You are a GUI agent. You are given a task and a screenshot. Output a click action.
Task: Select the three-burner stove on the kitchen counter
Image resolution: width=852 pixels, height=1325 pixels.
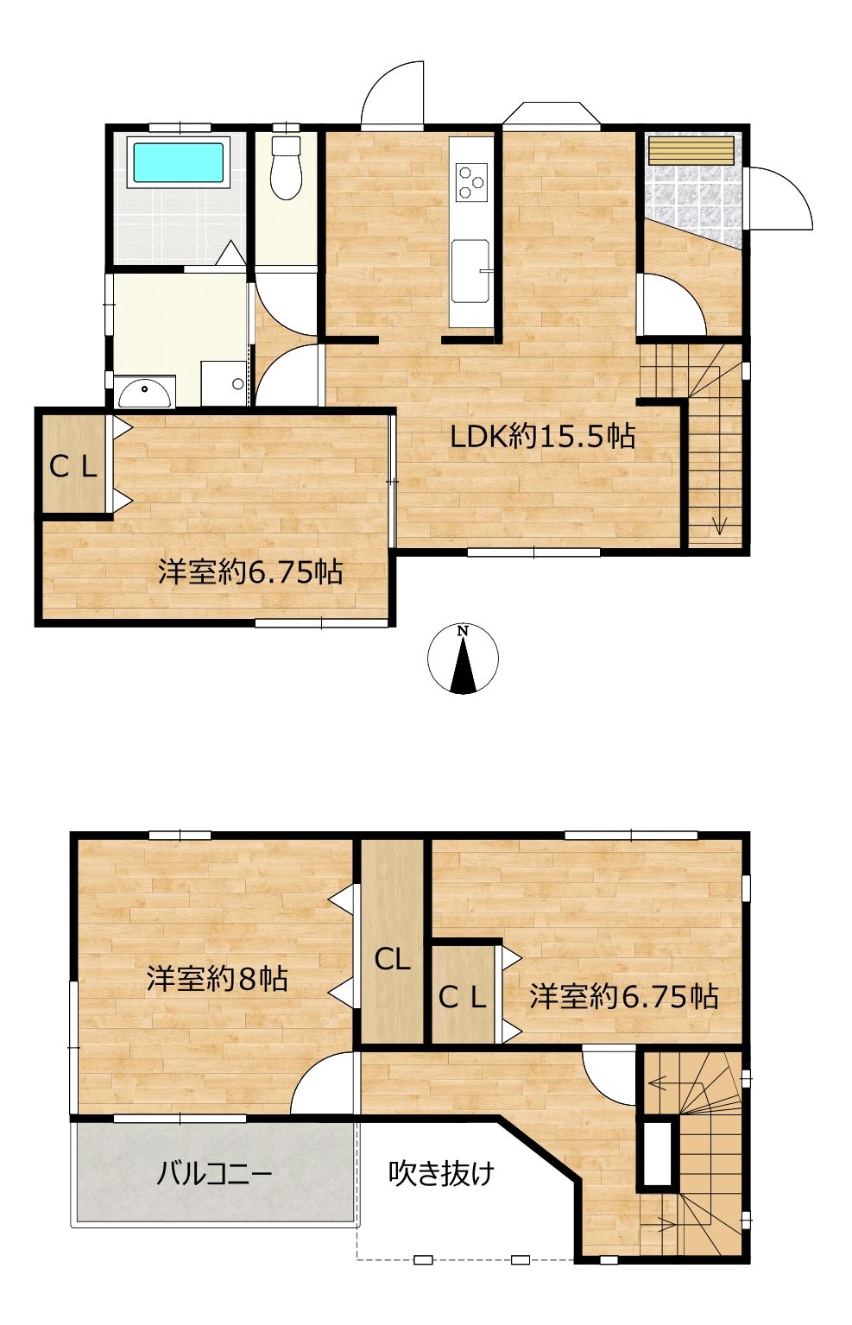471,181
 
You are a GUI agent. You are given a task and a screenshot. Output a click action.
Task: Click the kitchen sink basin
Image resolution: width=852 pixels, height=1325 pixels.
470,270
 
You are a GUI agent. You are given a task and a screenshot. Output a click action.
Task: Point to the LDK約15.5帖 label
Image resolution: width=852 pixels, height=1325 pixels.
543,437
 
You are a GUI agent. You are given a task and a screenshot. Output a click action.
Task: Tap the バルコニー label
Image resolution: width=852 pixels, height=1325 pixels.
214,1172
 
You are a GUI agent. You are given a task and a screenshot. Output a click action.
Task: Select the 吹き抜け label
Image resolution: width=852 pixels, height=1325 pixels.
441,1172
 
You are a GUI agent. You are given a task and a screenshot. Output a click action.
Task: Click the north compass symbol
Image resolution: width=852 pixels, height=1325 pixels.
464,658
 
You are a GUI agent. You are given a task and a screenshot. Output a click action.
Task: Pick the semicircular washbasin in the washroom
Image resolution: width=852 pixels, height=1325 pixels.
145,394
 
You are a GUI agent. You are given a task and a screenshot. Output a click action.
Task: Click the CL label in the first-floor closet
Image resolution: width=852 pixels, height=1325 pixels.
73,469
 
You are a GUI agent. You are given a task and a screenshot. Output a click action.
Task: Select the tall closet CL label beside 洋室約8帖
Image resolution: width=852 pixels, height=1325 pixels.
392,960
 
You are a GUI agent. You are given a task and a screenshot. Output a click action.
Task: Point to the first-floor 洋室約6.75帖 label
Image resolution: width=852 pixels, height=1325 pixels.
250,572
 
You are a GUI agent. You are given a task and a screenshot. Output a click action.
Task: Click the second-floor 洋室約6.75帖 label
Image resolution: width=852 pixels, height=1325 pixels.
624,996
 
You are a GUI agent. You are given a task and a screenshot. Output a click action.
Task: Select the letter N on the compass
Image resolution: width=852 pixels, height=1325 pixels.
464,630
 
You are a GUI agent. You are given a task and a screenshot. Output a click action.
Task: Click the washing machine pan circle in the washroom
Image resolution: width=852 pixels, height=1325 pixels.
238,383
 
